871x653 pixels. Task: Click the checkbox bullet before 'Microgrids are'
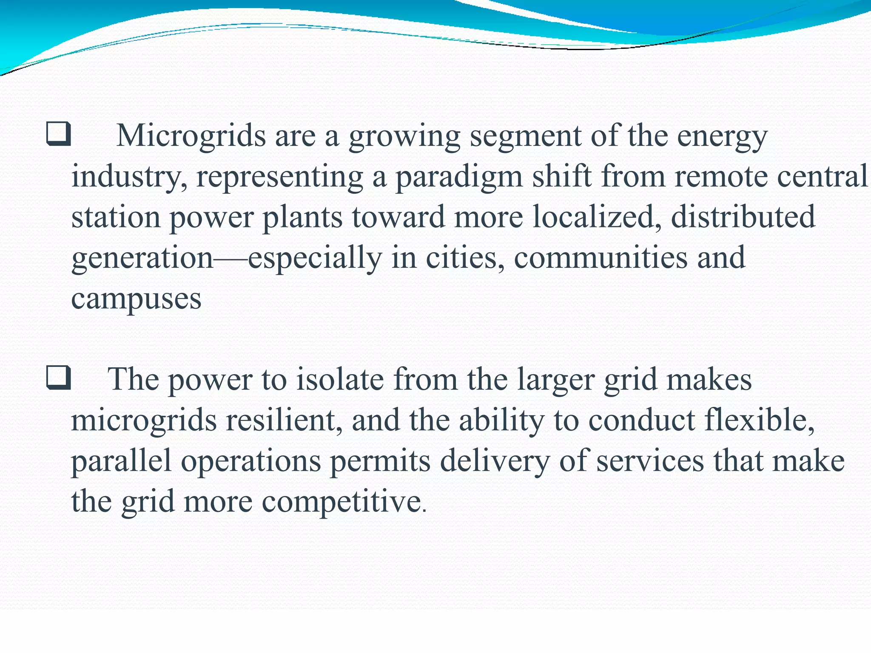tap(58, 134)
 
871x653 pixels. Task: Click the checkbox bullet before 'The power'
tap(58, 378)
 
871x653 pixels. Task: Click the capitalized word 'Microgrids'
tap(191, 136)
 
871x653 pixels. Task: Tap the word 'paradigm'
tap(459, 177)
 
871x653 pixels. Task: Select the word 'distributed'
tap(743, 216)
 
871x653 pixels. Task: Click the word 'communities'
tap(601, 258)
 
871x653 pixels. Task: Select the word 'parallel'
tap(121, 461)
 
